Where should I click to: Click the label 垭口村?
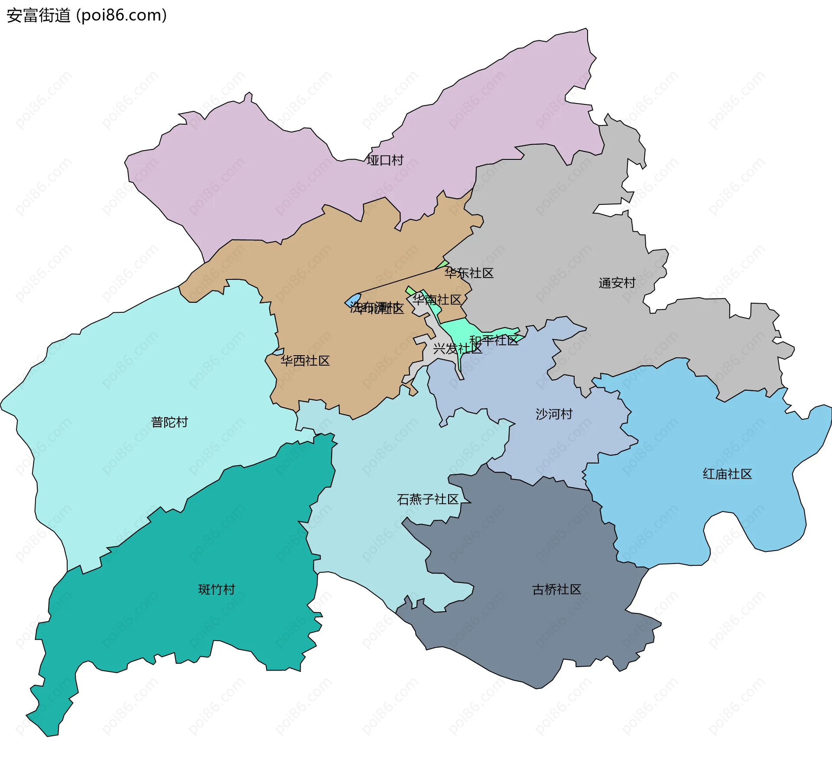(385, 160)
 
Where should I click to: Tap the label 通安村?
(617, 283)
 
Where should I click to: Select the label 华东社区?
(469, 273)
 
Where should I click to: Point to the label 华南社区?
(437, 300)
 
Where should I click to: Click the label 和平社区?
(494, 340)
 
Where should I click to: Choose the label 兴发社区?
(457, 348)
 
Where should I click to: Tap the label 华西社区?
(305, 360)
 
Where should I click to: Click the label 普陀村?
(169, 422)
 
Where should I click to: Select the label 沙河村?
(554, 414)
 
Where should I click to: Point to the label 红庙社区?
(727, 474)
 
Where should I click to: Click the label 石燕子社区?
(428, 499)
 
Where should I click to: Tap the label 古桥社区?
(556, 589)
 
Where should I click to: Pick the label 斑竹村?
(217, 589)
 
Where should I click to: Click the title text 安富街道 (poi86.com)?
(87, 16)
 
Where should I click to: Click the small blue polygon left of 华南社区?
(353, 300)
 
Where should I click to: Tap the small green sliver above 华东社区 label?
(443, 264)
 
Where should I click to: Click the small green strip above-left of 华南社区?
(410, 290)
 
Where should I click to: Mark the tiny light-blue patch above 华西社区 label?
(278, 352)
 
